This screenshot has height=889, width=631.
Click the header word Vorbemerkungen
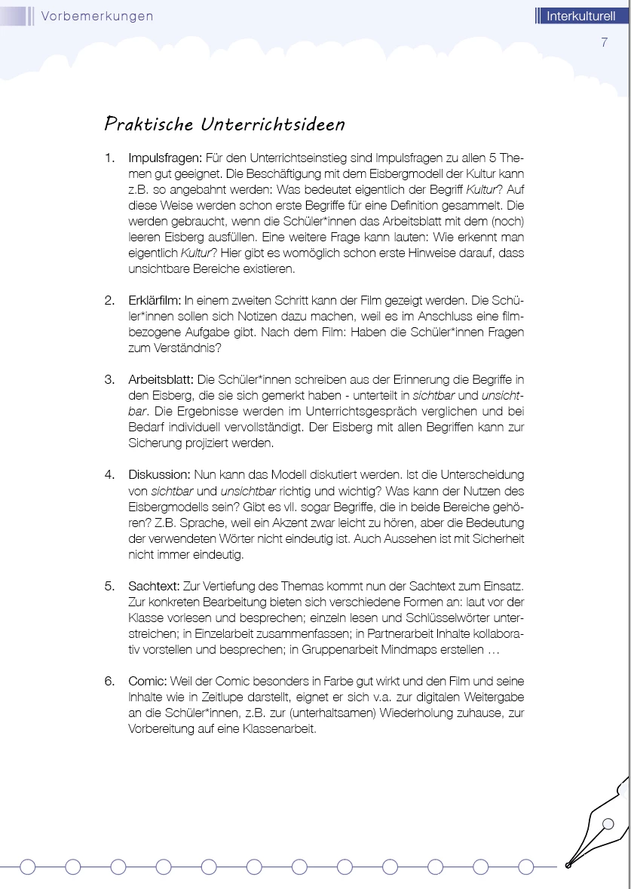tap(97, 16)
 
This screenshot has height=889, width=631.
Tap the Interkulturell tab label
tap(580, 16)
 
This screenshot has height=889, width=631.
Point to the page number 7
tap(604, 42)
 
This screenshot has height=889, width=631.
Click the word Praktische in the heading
tap(149, 124)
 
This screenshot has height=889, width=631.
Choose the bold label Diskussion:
tap(159, 474)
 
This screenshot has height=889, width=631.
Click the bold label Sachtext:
tap(155, 586)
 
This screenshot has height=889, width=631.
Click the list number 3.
tap(109, 379)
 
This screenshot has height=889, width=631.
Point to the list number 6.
tap(109, 681)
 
